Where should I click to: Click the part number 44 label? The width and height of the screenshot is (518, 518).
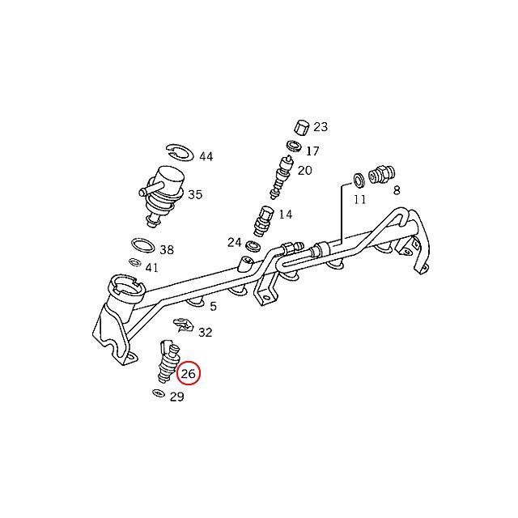click(x=206, y=156)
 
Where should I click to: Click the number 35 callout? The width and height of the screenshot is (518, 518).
click(x=195, y=194)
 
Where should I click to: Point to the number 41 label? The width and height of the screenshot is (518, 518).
click(x=152, y=268)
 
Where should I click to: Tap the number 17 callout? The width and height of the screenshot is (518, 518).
click(x=312, y=151)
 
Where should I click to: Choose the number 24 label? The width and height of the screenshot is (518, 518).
click(x=234, y=242)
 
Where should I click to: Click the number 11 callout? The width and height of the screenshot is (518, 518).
click(x=359, y=199)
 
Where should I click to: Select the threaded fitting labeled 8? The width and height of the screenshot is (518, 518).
click(x=380, y=175)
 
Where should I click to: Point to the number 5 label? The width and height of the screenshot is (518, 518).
click(x=213, y=306)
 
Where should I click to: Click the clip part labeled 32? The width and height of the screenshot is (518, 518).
click(x=185, y=326)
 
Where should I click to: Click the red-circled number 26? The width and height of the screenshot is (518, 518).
click(x=189, y=373)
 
